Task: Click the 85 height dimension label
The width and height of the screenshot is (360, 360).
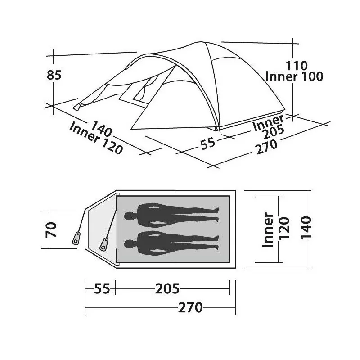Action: tap(54, 75)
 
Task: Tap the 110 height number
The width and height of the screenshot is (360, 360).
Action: tap(297, 66)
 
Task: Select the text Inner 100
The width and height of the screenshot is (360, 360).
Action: tap(295, 76)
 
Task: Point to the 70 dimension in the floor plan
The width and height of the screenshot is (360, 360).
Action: tap(51, 229)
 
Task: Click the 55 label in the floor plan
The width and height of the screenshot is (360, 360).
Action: tap(102, 288)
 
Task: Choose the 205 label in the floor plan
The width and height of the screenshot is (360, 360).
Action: tap(167, 288)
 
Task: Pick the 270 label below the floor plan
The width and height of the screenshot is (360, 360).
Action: tap(190, 308)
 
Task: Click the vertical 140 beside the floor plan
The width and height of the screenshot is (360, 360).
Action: tap(306, 228)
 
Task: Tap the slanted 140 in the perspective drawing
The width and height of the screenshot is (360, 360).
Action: tap(102, 129)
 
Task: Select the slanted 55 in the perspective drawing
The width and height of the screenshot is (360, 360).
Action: tap(208, 143)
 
